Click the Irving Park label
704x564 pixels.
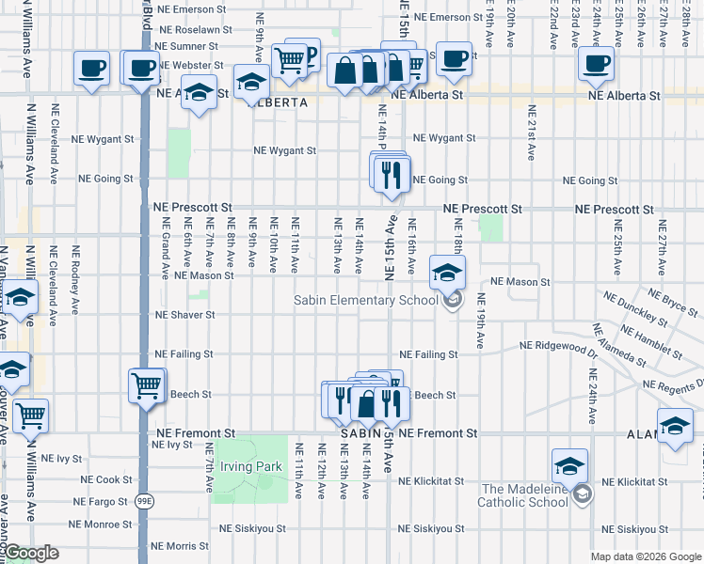[250, 466]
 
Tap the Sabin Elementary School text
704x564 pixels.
[365, 300]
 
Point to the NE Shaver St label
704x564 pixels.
[184, 315]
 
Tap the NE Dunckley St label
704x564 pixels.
[637, 313]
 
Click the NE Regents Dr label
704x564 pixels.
[675, 384]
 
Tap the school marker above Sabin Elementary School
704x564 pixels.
[447, 273]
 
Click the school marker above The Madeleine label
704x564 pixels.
[568, 466]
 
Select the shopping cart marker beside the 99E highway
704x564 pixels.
[146, 384]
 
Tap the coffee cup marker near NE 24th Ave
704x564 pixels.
[595, 64]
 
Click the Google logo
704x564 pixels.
[32, 554]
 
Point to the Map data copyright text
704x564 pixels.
[646, 556]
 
